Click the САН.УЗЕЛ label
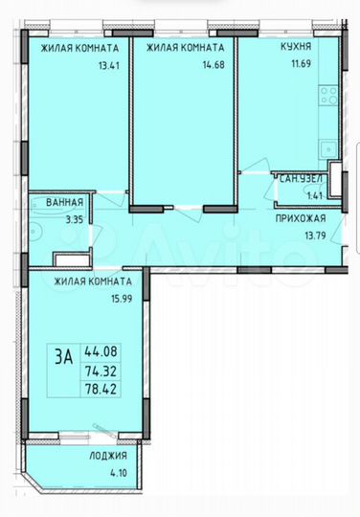click(301, 179)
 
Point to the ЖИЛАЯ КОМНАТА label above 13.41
click(80, 47)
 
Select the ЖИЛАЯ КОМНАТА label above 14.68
click(186, 47)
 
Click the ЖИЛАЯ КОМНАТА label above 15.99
click(93, 281)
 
